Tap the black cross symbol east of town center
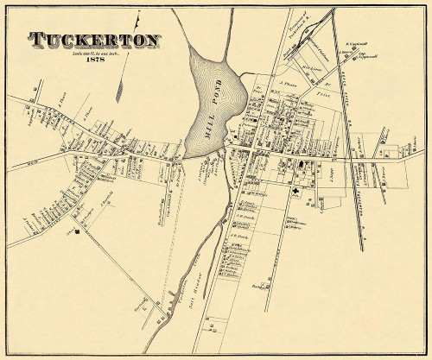point(295,192)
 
